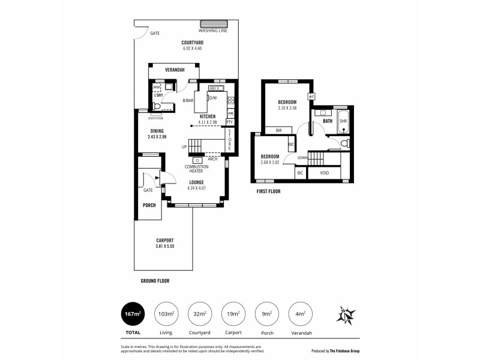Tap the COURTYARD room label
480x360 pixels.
(x=192, y=42)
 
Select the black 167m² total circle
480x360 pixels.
(x=133, y=314)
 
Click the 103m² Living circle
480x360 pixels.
(x=166, y=314)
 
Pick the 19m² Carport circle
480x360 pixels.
(x=234, y=314)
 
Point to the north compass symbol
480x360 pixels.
(x=346, y=314)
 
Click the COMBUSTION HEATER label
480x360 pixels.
(x=196, y=169)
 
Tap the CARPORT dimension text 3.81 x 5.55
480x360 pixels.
(x=164, y=246)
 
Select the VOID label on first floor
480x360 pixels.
(x=323, y=173)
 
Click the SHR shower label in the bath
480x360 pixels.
(x=343, y=121)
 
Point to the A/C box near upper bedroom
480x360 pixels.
(x=311, y=97)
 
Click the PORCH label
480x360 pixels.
(x=149, y=205)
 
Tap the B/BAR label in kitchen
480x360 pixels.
(x=188, y=101)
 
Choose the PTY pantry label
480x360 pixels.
(x=229, y=122)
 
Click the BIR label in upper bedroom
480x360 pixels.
(x=278, y=130)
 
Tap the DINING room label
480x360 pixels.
(x=157, y=131)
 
